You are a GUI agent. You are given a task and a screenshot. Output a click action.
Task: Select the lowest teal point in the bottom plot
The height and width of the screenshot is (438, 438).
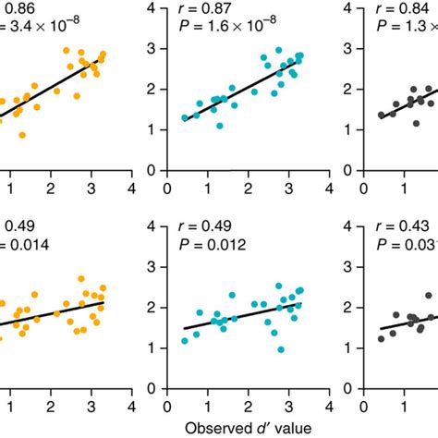pos(281,349)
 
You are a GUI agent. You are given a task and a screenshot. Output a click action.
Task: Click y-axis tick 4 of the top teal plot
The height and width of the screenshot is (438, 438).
pos(157,9)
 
